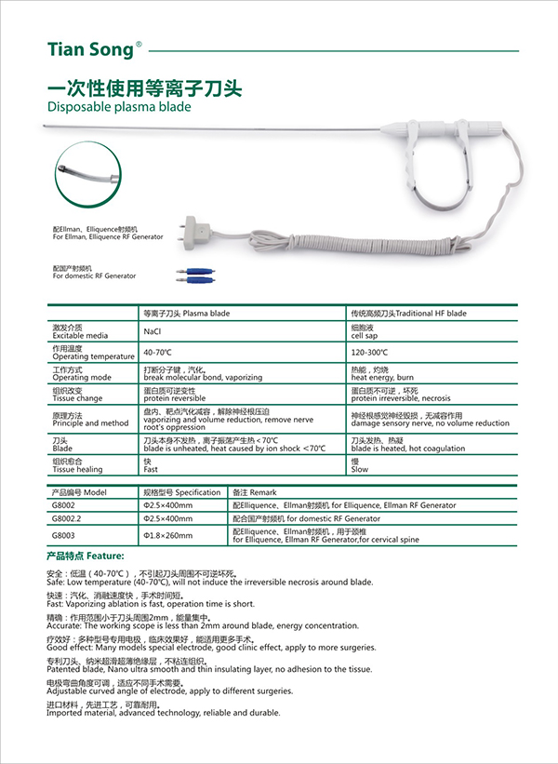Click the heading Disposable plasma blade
[119, 107]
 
